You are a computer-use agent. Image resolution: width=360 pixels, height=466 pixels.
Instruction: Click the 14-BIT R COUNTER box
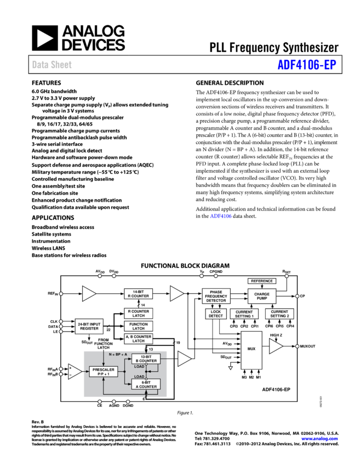[x=138, y=294]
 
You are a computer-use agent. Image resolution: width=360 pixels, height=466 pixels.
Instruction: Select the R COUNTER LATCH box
[x=138, y=314]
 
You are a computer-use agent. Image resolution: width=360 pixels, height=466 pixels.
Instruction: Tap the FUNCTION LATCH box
[x=138, y=326]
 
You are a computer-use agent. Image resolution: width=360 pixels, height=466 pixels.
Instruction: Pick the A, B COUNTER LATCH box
[x=138, y=338]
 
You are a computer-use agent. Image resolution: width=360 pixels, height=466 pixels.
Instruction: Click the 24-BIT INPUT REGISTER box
[x=89, y=326]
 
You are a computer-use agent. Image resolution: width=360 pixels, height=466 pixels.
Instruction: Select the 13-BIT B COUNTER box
[x=146, y=359]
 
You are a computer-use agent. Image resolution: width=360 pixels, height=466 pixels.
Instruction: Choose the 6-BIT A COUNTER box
[x=146, y=384]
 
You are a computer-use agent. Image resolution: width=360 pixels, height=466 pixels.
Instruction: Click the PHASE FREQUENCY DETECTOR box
[x=216, y=296]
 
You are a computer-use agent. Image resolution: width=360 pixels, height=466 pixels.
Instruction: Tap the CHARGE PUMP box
[x=262, y=296]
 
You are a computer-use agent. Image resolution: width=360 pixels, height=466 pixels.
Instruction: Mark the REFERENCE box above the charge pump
[x=262, y=281]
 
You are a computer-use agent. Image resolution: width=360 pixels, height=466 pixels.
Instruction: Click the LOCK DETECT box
[x=216, y=314]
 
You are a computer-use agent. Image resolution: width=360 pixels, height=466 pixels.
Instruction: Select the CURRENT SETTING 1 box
[x=244, y=314]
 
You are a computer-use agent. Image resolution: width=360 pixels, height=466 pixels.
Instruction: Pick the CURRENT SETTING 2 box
[x=279, y=314]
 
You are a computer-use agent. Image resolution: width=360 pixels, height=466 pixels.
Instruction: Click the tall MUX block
[x=252, y=350]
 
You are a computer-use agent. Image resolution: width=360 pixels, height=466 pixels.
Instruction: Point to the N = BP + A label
[x=118, y=354]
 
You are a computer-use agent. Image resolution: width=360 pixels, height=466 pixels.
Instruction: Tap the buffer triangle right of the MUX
[x=275, y=346]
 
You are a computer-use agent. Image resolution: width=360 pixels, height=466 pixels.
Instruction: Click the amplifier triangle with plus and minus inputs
[x=74, y=371]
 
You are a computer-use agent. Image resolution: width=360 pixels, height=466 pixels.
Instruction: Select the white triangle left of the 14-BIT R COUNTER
[x=88, y=294]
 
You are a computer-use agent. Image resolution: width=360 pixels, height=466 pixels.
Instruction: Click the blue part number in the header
[x=306, y=65]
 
